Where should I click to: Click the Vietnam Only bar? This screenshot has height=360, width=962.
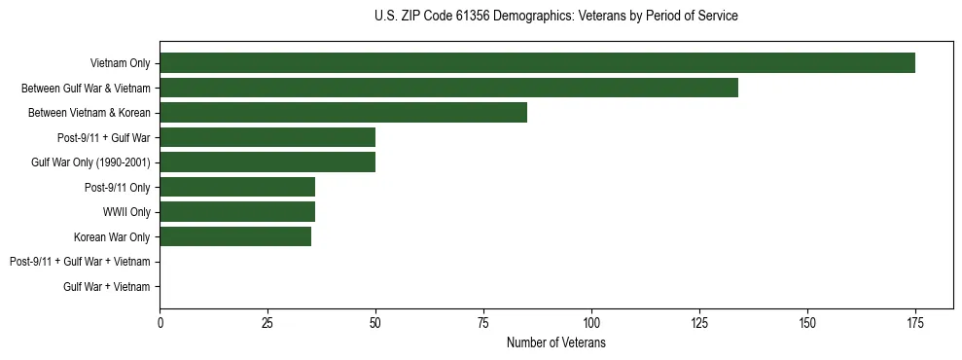tap(537, 63)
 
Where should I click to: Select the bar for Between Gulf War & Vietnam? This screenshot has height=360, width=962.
tap(448, 88)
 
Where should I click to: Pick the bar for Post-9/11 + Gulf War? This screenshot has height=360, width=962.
tap(267, 137)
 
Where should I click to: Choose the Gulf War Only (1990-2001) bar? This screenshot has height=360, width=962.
tap(267, 162)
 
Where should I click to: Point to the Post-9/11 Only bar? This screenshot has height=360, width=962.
tap(237, 187)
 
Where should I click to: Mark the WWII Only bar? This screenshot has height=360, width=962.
tap(237, 211)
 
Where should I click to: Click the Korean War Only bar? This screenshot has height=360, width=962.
tap(235, 236)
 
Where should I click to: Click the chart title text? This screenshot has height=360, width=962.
tap(555, 17)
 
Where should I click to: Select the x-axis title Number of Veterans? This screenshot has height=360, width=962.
tap(555, 343)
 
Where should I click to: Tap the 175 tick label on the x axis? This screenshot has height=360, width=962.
tap(914, 322)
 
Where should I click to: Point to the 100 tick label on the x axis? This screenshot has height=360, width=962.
tap(591, 322)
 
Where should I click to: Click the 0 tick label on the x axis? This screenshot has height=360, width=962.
tap(160, 322)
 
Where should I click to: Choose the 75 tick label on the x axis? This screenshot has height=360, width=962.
tap(483, 322)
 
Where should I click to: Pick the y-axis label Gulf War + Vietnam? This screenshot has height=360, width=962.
tap(107, 286)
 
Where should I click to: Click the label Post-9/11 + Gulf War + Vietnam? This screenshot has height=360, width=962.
tap(80, 262)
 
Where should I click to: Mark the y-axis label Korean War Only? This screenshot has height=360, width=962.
tap(112, 236)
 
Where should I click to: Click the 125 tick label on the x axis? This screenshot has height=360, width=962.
tap(699, 322)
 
